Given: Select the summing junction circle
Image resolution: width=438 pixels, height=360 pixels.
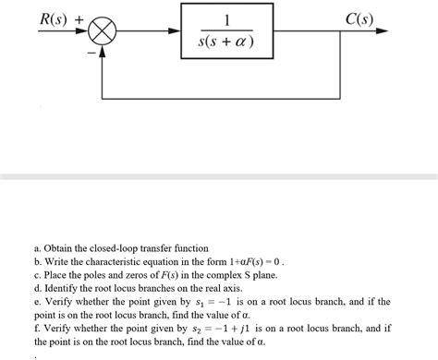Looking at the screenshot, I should tap(103, 33).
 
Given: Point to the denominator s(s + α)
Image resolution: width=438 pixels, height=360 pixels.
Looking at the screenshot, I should tap(226, 44).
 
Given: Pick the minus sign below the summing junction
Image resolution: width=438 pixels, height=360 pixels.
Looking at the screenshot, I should tap(91, 53).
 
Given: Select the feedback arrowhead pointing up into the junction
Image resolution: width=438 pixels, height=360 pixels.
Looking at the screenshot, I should tap(103, 53).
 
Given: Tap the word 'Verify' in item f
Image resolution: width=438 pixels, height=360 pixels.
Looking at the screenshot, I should tap(57, 328).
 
